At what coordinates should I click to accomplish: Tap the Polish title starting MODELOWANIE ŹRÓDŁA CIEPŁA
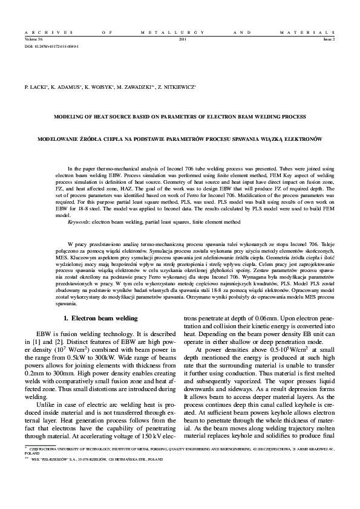(180, 138)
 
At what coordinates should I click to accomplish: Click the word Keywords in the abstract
(79, 222)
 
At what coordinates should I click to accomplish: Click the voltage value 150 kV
(143, 436)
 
